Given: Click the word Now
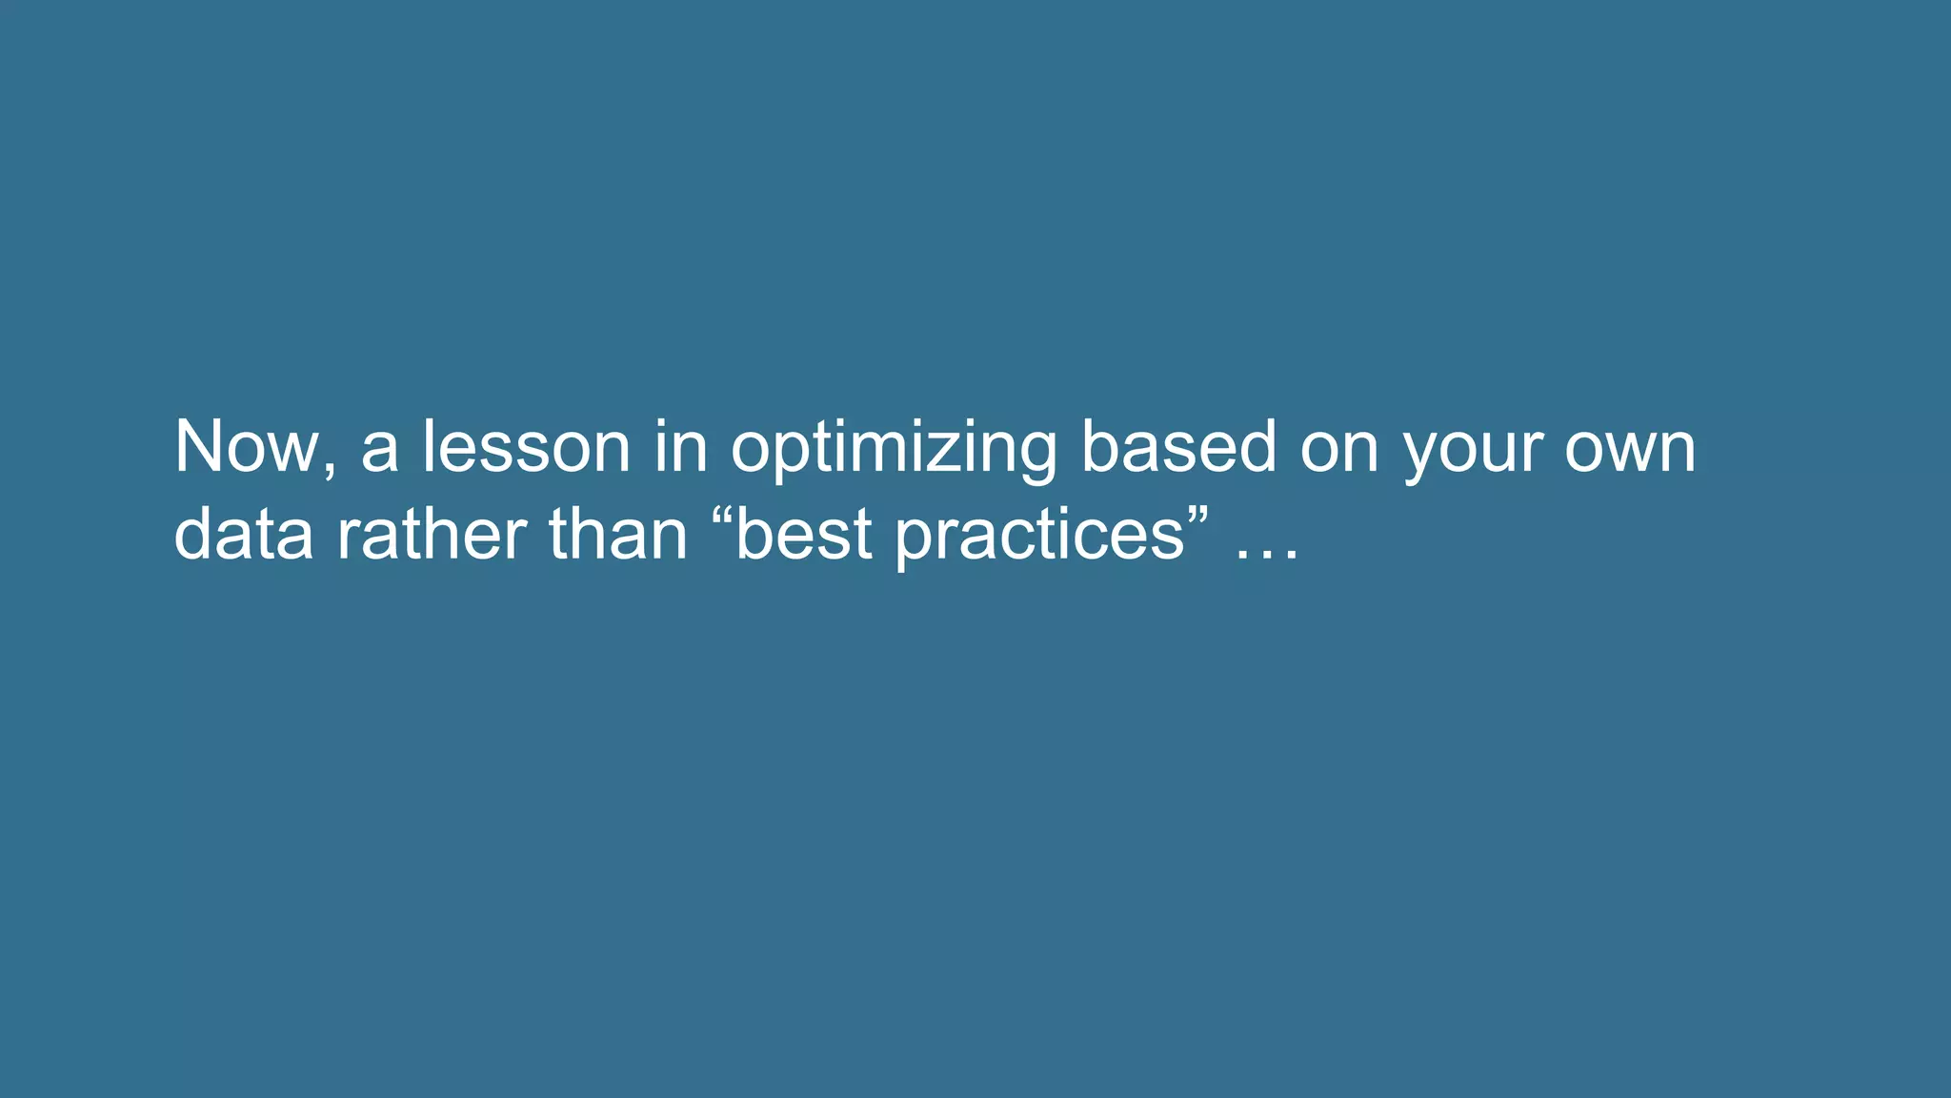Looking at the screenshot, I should click(246, 447).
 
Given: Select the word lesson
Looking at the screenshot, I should click(526, 447).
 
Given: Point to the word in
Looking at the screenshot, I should click(680, 447).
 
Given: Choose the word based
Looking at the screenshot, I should click(1178, 447).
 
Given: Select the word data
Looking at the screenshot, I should click(244, 534).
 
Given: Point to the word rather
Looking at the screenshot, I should click(431, 534).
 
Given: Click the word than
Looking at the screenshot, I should click(617, 534).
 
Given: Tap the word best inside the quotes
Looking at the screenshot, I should click(804, 534).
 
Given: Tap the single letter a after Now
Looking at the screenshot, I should click(379, 453).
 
